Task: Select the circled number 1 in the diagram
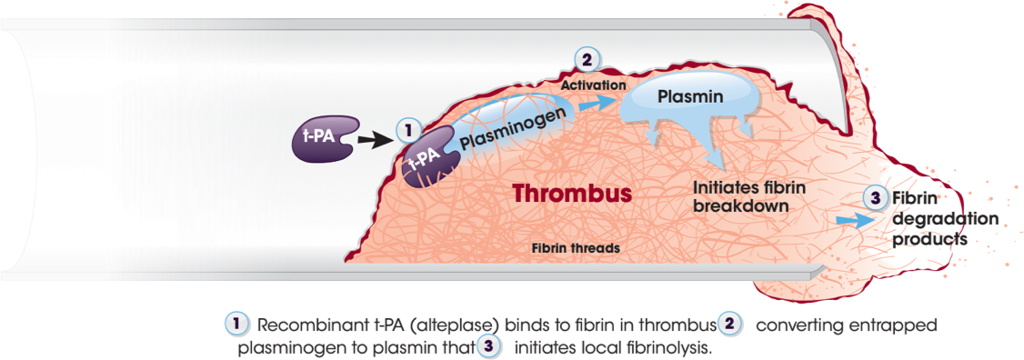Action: pos(408,131)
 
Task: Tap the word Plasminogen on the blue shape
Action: pos(520,127)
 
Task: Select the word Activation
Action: pos(593,85)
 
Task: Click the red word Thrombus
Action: pos(571,194)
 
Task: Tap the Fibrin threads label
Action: pos(577,247)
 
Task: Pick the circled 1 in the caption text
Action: pos(235,325)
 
